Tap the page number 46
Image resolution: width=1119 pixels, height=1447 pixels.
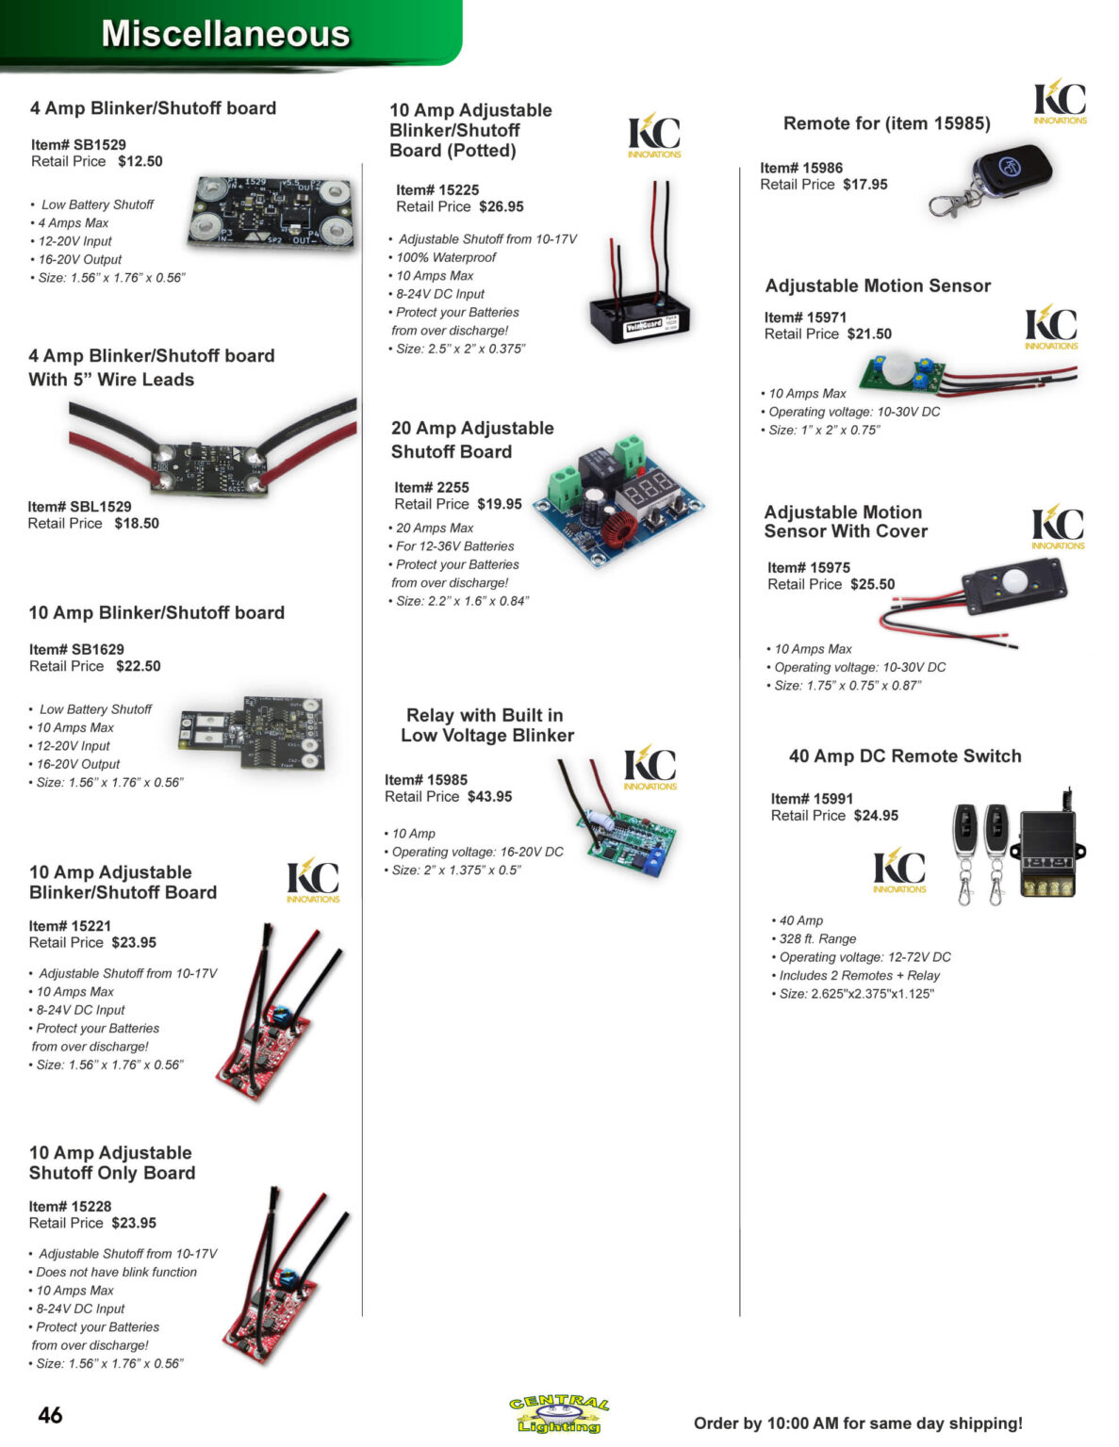(50, 1414)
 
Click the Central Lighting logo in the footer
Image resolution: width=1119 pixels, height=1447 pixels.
(559, 1414)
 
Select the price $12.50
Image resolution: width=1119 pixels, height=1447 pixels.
(140, 161)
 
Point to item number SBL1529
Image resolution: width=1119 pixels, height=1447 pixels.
(79, 506)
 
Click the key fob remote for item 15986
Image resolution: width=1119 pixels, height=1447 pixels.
(993, 180)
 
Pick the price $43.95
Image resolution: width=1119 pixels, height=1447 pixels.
(489, 796)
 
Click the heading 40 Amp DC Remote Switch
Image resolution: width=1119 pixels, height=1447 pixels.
(904, 756)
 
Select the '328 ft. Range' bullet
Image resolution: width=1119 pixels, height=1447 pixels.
(814, 938)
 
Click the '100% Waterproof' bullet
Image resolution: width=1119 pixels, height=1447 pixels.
(443, 257)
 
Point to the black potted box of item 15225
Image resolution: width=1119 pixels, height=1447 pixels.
(639, 319)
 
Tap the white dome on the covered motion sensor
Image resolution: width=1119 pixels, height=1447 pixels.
(1015, 580)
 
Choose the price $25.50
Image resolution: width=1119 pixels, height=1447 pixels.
(873, 584)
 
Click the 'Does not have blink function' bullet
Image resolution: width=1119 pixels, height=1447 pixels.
(113, 1272)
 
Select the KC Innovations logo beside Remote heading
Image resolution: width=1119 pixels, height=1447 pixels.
(1059, 102)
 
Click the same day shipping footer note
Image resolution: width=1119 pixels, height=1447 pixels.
(858, 1423)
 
